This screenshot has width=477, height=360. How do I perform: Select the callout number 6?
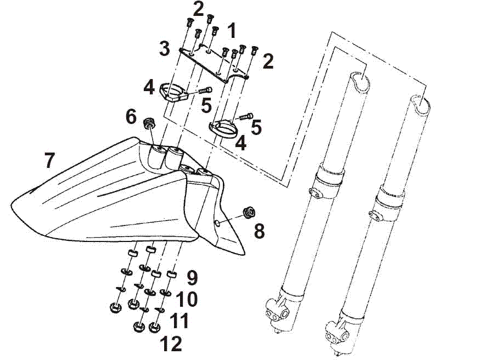131,116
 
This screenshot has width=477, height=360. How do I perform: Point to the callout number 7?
49,160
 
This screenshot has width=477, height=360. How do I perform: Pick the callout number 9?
191,277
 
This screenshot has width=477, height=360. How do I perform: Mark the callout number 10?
187,299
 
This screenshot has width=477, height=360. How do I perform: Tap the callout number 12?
171,344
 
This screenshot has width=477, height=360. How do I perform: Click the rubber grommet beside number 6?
148,122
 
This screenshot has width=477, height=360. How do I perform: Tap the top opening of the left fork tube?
360,81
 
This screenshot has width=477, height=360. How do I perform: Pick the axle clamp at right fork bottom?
336,332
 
